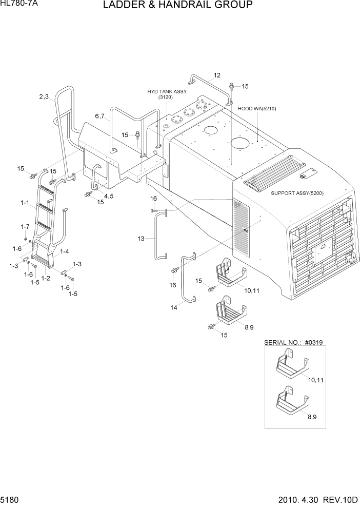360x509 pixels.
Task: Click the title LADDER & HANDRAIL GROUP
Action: tap(177, 6)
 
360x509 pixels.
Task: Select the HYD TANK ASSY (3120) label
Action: tap(167, 94)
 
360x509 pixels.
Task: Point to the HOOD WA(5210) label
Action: tap(257, 109)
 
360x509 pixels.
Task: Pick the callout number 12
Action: tap(217, 75)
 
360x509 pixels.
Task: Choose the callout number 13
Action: tap(142, 238)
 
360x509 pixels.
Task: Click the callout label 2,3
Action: tap(44, 96)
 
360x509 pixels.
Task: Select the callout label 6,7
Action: tap(99, 116)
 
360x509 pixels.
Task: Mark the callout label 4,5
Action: tap(109, 196)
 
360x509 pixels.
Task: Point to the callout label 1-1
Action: tap(25, 203)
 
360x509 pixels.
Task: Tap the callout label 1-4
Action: tap(65, 251)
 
